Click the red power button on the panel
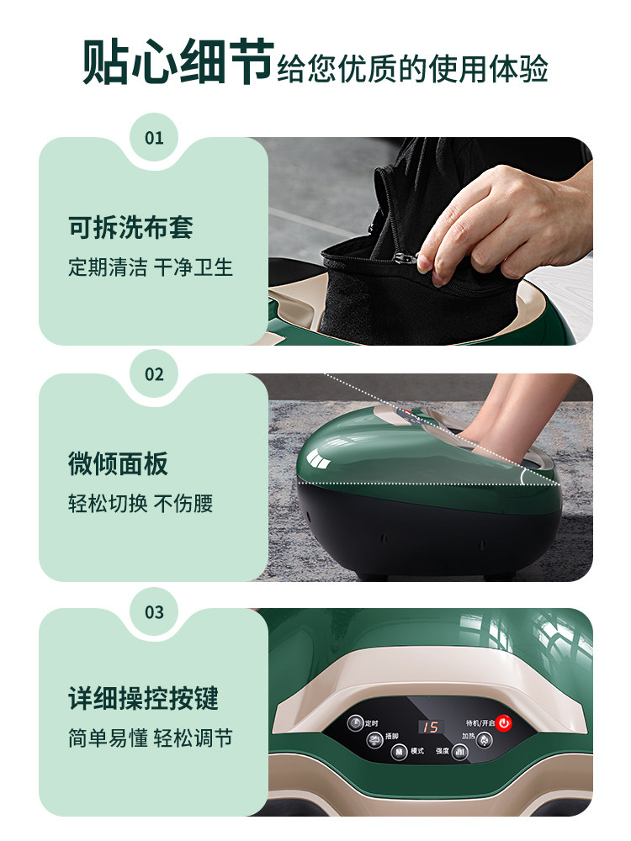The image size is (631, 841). (503, 722)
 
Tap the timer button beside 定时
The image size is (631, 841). (355, 722)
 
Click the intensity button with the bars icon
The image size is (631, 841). (460, 753)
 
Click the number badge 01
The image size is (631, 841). (154, 138)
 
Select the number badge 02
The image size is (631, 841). (154, 374)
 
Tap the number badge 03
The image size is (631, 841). (154, 611)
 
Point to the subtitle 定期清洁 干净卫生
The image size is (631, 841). (151, 267)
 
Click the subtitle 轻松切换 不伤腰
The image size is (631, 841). (141, 504)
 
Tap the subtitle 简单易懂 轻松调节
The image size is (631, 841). (151, 738)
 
